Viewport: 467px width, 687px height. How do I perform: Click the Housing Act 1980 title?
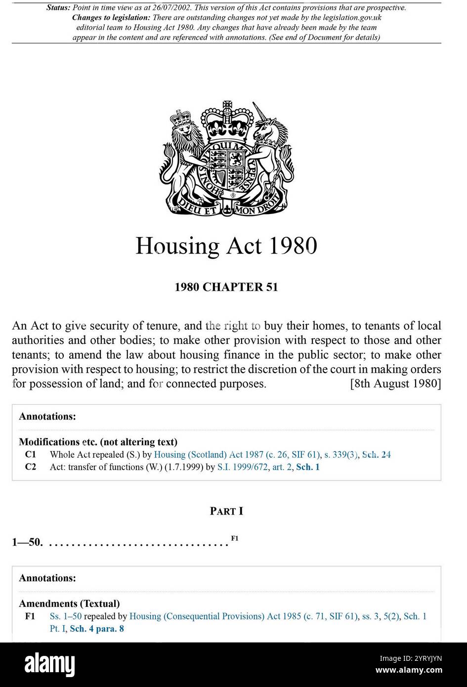226,246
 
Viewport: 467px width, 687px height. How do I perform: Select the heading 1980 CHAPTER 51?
226,287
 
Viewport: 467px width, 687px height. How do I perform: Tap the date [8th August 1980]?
395,384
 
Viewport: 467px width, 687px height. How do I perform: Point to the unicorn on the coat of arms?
271,148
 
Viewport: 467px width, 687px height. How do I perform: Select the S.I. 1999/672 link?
242,467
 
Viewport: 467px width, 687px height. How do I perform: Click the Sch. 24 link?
377,455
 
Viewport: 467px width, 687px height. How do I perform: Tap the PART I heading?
226,511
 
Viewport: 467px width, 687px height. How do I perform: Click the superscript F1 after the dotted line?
235,538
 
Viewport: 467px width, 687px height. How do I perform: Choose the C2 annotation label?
31,467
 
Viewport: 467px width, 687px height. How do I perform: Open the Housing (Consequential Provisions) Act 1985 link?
243,616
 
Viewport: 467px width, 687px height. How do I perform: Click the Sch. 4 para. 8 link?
97,629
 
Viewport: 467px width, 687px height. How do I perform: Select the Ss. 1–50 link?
66,616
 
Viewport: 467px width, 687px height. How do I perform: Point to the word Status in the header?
58,8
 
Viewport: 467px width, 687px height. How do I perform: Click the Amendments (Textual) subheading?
69,603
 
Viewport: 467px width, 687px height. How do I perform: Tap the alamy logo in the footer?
49,664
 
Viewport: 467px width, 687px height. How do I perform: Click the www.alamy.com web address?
409,670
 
